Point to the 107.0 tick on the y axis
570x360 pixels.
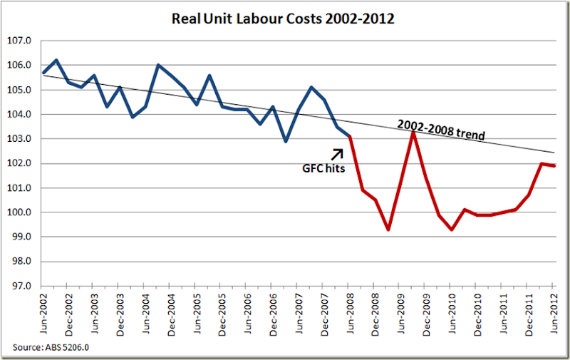pyautogui.click(x=19, y=41)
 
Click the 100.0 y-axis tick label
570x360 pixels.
pyautogui.click(x=19, y=212)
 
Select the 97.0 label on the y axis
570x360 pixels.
pyautogui.click(x=19, y=286)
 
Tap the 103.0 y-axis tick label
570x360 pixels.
pyautogui.click(x=19, y=139)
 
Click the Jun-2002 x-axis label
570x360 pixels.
pyautogui.click(x=43, y=314)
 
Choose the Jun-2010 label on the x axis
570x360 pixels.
pyautogui.click(x=450, y=314)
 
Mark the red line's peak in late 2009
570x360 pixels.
pyautogui.click(x=413, y=131)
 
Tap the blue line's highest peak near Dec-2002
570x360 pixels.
pyautogui.click(x=56, y=60)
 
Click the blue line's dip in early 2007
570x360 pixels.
pyautogui.click(x=286, y=141)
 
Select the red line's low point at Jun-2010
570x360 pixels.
pyautogui.click(x=451, y=230)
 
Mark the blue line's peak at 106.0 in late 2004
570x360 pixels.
pyautogui.click(x=158, y=65)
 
